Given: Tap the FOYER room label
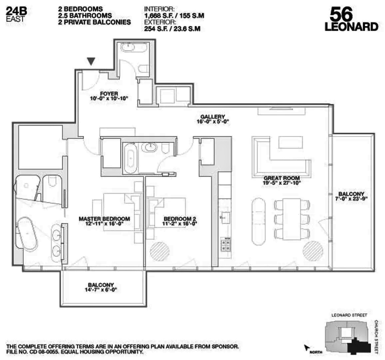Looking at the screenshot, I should click(109, 94).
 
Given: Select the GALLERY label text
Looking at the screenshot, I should click(212, 117).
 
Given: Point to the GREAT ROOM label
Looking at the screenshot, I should click(281, 178).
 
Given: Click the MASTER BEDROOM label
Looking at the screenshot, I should click(104, 219).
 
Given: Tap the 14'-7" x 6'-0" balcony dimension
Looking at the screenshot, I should click(101, 290).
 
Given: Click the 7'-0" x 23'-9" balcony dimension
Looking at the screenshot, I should click(351, 199).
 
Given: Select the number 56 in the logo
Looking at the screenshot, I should click(341, 15).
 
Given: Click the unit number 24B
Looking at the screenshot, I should click(16, 11).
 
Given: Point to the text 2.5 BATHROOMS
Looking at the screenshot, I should click(85, 16).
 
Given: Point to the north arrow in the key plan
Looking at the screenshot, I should click(306, 348).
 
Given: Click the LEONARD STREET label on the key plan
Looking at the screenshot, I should click(349, 315).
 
